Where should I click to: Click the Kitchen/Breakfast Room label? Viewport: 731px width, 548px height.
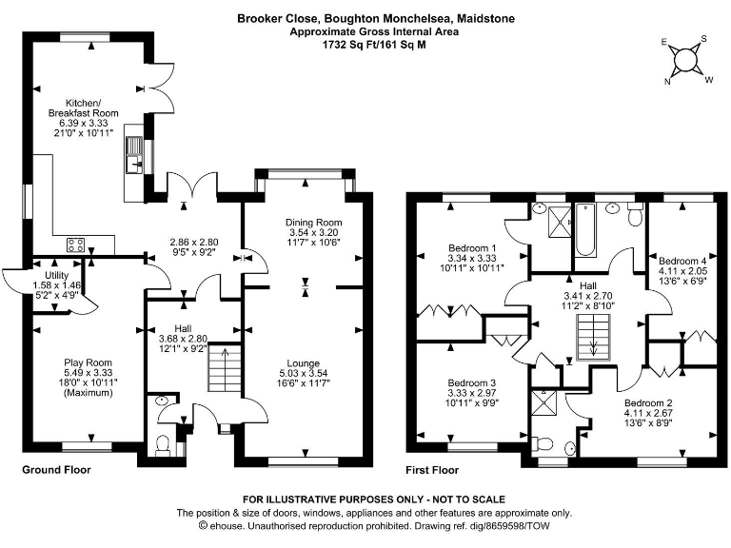click(84, 108)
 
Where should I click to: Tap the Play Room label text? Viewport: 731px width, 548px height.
click(89, 362)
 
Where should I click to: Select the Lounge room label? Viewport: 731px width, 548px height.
click(303, 363)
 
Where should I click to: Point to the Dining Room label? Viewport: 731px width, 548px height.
click(314, 223)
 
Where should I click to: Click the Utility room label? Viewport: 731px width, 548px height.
click(56, 275)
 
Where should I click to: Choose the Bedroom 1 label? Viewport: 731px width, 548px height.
click(472, 248)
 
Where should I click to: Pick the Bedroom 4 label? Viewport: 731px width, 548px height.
click(682, 261)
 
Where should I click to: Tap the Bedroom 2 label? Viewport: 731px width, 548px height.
click(648, 402)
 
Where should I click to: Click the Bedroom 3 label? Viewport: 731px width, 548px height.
click(472, 382)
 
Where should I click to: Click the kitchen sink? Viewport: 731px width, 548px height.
click(135, 155)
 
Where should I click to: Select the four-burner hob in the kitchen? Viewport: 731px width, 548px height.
click(75, 245)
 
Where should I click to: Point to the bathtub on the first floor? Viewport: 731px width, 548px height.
click(584, 230)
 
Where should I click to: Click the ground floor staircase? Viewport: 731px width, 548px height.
click(225, 367)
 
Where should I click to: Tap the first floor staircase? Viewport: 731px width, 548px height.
click(594, 338)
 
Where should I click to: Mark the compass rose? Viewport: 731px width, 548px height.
click(686, 60)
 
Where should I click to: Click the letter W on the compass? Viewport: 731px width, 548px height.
click(708, 80)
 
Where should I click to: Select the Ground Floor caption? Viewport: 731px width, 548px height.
click(56, 470)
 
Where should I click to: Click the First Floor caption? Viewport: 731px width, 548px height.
click(432, 470)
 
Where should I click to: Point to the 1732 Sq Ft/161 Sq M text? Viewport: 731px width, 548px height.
click(374, 45)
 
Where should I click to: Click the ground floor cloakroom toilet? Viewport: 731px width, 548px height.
click(163, 444)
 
